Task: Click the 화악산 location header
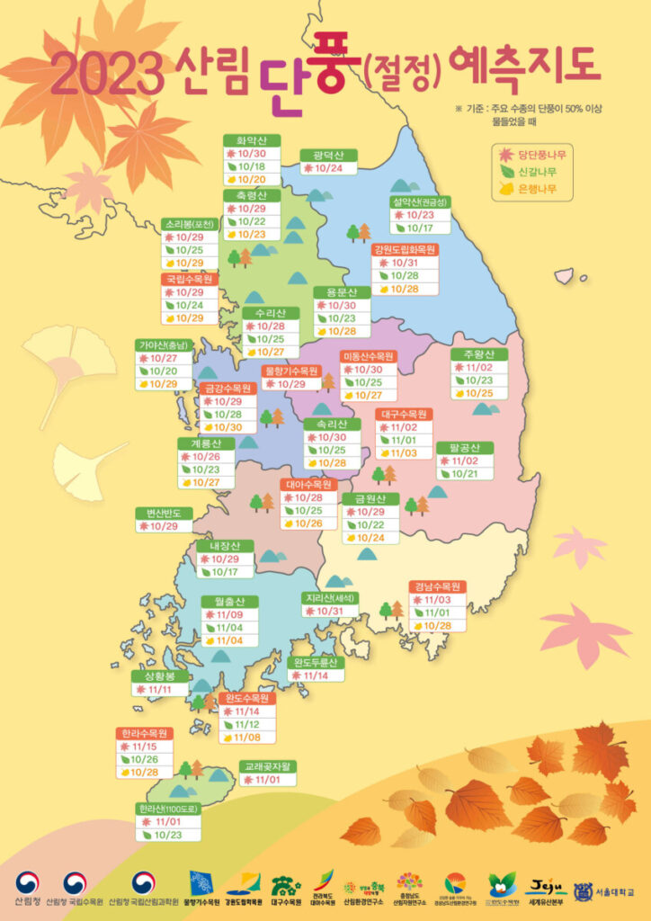pyautogui.click(x=252, y=140)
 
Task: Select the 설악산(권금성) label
pyautogui.click(x=420, y=201)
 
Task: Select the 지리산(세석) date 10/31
pyautogui.click(x=330, y=612)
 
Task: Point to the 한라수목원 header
pyautogui.click(x=144, y=733)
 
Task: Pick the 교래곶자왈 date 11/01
pyautogui.click(x=267, y=781)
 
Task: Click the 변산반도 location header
pyautogui.click(x=164, y=513)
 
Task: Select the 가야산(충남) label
pyautogui.click(x=163, y=344)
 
